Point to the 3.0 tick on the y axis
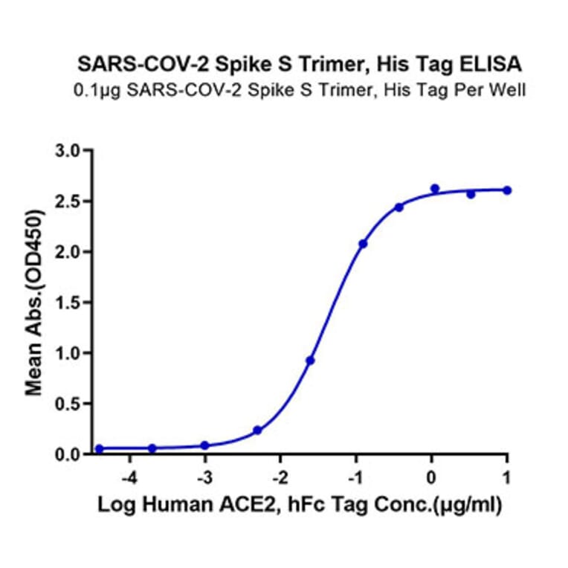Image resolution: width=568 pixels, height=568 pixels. pos(72,151)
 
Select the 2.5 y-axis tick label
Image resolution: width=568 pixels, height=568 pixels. pos(72,201)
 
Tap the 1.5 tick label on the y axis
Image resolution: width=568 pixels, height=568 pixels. pos(72,303)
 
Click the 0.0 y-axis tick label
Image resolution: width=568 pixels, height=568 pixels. pos(72,454)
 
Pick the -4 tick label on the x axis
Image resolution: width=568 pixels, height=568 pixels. pos(129,476)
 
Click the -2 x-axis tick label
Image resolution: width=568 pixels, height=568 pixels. pos(280,476)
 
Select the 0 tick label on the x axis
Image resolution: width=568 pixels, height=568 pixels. pos(432,476)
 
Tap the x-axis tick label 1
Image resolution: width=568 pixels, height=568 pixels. pos(507,476)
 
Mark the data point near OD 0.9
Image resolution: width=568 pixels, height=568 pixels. pos(310,361)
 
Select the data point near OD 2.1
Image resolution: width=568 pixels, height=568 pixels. pos(363,244)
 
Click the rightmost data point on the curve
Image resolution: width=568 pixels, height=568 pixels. pos(507,190)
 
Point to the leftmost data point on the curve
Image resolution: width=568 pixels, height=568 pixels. pos(100,449)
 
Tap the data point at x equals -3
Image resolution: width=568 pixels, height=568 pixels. pos(205,445)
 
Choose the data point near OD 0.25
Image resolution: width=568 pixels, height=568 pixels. pos(257,430)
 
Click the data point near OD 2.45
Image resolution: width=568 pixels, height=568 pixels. pos(399,207)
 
